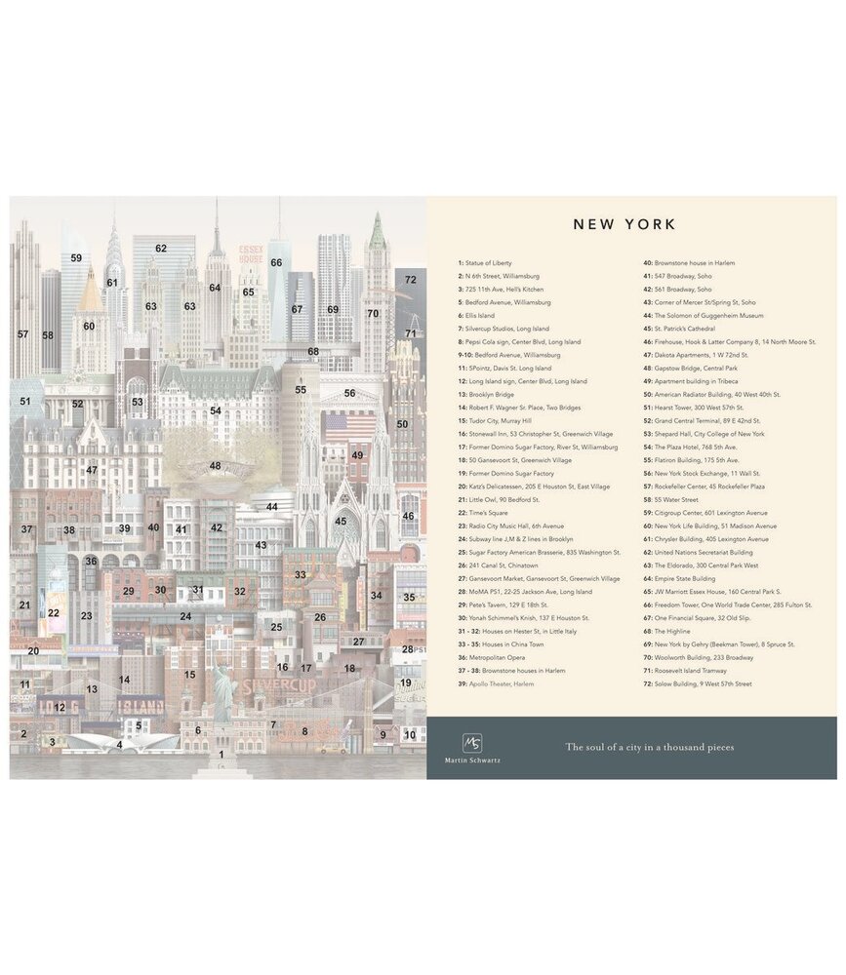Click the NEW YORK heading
pos(624,224)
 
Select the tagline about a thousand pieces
pos(650,748)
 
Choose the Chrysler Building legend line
pos(705,539)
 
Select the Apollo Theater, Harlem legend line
pos(497,683)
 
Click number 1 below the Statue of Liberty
pos(222,755)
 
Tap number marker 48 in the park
pos(215,466)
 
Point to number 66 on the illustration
pos(276,262)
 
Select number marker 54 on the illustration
pos(215,410)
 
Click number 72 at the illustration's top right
pos(411,279)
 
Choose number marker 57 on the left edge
pos(22,333)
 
